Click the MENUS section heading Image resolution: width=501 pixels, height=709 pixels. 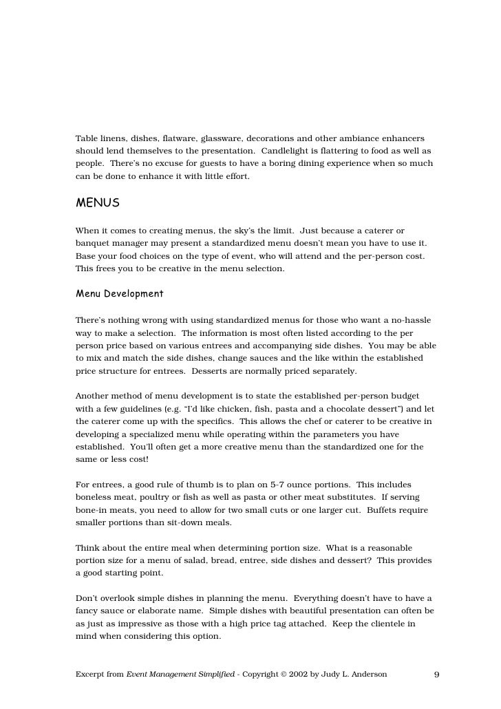point(98,203)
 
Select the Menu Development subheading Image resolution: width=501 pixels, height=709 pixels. point(119,294)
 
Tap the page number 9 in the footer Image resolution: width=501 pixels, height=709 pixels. point(436,675)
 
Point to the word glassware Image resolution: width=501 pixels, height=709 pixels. point(222,138)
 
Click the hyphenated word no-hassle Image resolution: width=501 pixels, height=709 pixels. point(408,320)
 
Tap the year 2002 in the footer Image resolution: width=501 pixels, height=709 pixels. point(287,675)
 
